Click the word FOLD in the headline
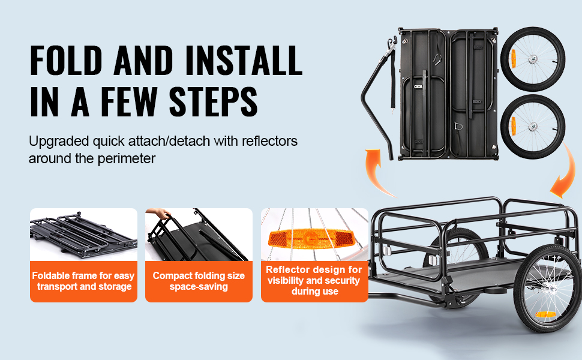[65, 60]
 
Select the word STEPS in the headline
[213, 101]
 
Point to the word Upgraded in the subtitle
[59, 142]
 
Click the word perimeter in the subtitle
[126, 159]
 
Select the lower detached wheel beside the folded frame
[533, 127]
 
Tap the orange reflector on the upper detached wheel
[514, 58]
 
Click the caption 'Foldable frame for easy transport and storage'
[83, 281]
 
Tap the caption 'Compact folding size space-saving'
[199, 281]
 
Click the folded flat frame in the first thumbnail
[83, 235]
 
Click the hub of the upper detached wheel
[533, 58]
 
